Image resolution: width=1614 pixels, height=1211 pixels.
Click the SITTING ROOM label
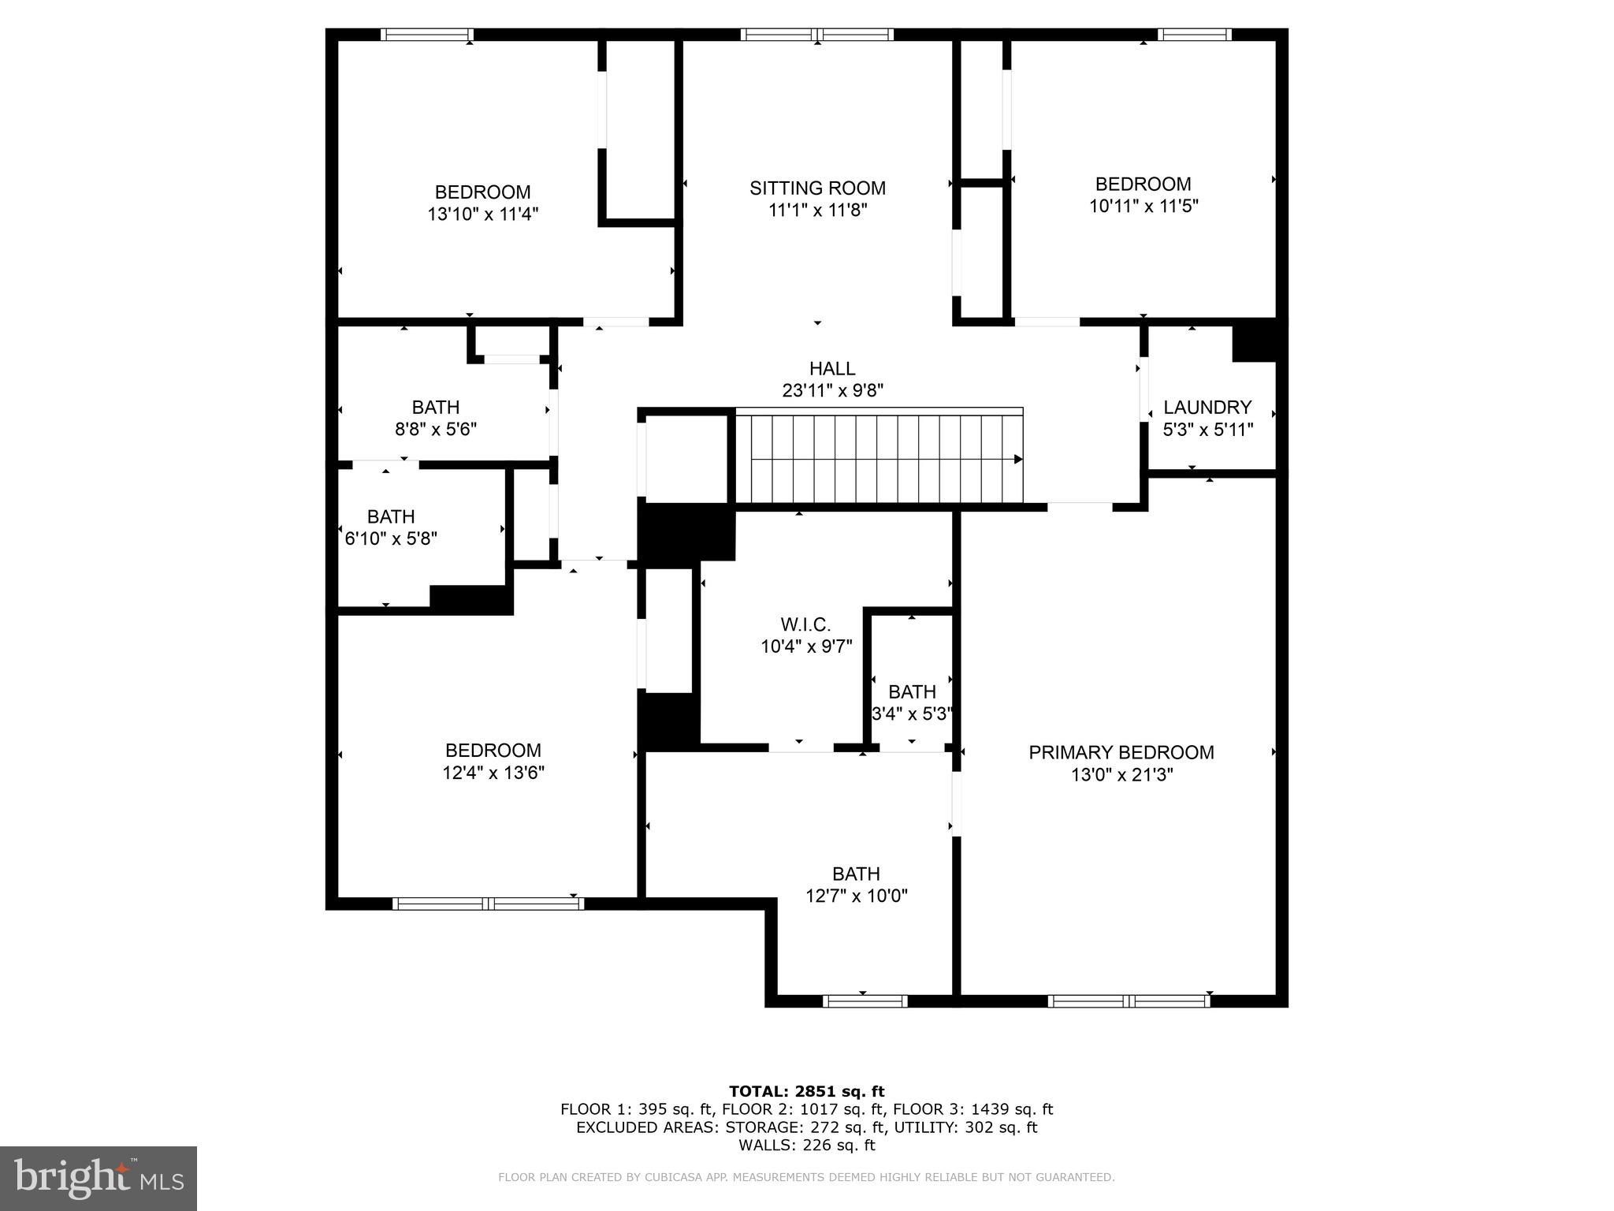tap(817, 188)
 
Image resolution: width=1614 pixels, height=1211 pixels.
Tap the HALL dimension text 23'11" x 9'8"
tap(832, 390)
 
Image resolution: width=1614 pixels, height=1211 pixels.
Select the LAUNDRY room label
tap(1207, 408)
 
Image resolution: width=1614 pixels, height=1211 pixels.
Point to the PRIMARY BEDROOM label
tap(1121, 753)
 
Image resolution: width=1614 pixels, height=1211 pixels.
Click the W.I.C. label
tap(805, 625)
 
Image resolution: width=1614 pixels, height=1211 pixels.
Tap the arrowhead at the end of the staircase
tap(1018, 460)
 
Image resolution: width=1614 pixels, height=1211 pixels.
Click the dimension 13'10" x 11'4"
tap(482, 214)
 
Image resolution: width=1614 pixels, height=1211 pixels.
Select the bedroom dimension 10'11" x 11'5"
tap(1143, 207)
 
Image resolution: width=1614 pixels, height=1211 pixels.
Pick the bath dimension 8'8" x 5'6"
tap(436, 430)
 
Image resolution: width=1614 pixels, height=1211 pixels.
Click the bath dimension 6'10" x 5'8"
tap(391, 539)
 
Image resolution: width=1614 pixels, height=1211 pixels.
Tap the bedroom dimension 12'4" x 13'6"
tap(493, 773)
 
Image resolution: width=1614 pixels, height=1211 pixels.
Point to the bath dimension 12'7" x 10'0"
tap(856, 896)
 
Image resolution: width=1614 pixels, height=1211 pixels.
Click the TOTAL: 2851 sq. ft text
tap(806, 1091)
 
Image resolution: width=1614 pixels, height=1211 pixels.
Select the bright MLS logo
tap(99, 1178)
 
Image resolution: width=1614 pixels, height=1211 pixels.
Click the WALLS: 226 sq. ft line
tap(806, 1146)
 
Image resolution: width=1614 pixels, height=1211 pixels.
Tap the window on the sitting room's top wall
tap(817, 35)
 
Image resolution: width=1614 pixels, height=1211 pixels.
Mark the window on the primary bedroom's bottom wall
tap(1129, 1001)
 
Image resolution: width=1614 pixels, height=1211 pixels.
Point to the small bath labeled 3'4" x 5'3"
tap(912, 702)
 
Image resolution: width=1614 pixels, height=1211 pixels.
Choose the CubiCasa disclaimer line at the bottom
tap(806, 1178)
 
